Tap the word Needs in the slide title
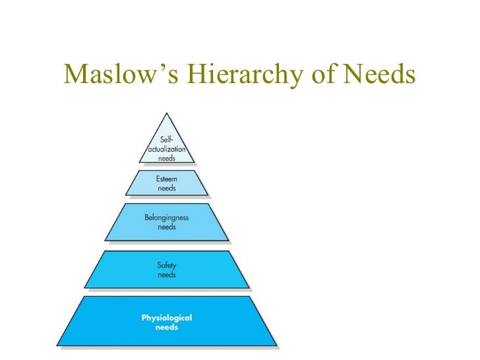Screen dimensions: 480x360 coord(378,75)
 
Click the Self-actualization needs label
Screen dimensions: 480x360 coord(167,148)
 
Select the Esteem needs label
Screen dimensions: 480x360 coord(167,183)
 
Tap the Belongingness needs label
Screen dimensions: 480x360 coord(167,221)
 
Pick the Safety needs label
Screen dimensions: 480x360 coord(167,269)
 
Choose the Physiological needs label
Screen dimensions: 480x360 coord(167,322)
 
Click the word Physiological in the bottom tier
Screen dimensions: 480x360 coord(167,318)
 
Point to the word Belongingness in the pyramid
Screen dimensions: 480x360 coord(167,217)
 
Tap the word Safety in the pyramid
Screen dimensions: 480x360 coord(167,265)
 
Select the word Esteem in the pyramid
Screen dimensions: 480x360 coord(167,179)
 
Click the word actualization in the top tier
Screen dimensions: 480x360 coord(167,149)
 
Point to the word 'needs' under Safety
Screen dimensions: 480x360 coord(167,274)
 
